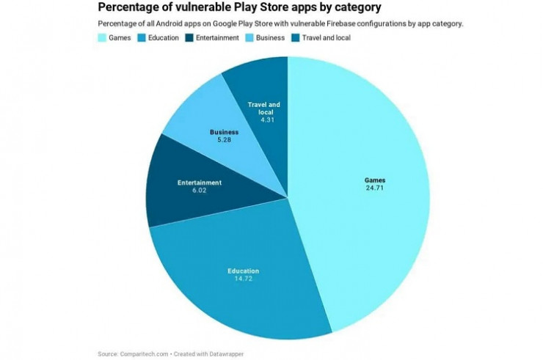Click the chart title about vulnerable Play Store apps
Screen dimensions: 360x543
239,9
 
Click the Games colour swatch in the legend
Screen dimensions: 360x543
102,37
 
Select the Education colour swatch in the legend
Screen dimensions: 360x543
141,37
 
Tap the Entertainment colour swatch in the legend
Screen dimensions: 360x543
189,37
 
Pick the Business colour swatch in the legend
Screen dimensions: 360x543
249,37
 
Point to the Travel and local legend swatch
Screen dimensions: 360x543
295,37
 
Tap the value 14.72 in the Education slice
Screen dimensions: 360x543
243,279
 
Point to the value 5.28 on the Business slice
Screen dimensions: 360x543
224,139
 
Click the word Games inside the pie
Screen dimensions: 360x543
375,180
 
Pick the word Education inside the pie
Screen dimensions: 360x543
243,271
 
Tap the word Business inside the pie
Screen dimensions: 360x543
224,132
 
